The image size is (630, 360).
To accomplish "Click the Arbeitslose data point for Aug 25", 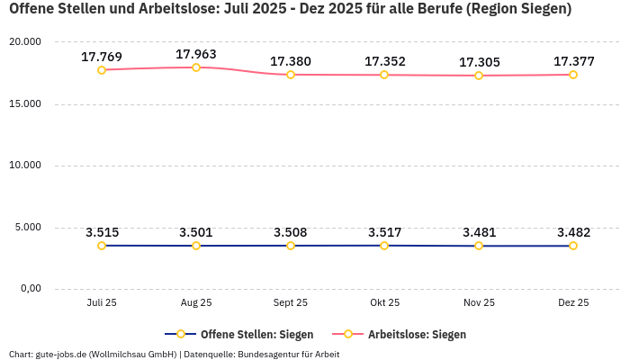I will pos(196,67).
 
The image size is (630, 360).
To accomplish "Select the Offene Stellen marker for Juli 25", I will pos(102,246).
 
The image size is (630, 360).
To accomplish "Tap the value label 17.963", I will pos(196,54).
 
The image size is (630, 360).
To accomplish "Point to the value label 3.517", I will pos(385,232).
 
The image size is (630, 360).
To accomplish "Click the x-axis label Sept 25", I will pos(291,302).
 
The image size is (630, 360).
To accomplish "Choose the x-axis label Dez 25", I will pos(573,302).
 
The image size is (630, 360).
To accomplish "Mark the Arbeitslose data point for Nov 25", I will pos(479,76).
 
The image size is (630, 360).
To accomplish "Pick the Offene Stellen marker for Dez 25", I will pos(573,246).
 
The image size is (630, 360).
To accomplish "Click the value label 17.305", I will pos(479,62).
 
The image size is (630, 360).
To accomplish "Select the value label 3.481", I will pos(479,232).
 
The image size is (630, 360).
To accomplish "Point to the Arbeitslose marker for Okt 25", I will pos(385,75).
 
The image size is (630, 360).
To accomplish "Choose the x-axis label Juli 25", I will pos(102,302).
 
